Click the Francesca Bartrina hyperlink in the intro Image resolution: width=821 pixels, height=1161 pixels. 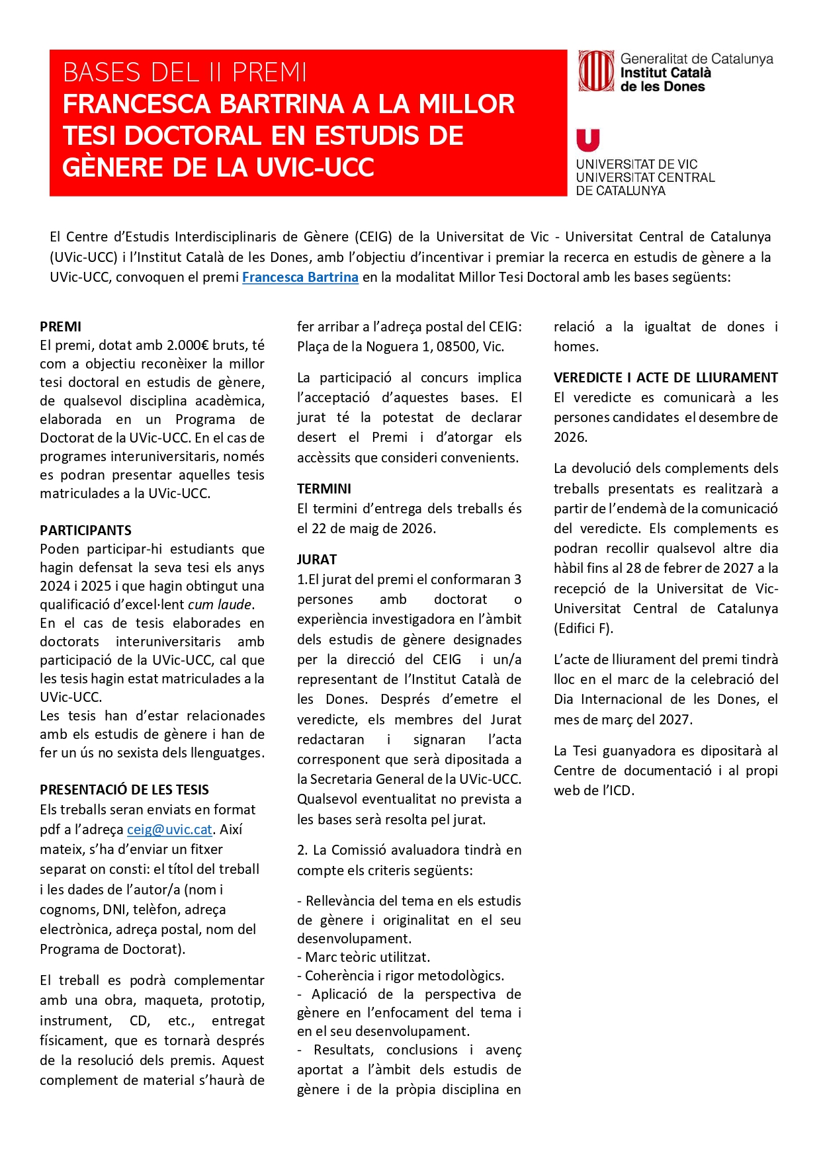click(x=300, y=277)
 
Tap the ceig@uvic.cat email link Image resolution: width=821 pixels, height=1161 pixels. click(x=169, y=830)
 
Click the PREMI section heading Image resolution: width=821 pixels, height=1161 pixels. click(x=60, y=327)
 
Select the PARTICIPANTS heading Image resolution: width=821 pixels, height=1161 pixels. click(x=85, y=531)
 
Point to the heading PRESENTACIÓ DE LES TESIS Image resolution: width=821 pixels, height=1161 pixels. click(x=124, y=790)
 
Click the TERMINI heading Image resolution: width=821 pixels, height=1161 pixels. click(x=324, y=489)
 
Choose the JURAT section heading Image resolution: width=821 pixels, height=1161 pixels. click(x=317, y=560)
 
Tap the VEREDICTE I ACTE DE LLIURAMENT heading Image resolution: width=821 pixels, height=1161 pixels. click(x=666, y=378)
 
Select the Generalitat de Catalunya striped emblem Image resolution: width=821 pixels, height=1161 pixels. click(x=597, y=71)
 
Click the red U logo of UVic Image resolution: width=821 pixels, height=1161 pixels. click(x=588, y=140)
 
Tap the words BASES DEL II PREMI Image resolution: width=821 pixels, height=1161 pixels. click(x=185, y=72)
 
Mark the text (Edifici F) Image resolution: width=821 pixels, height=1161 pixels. click(x=583, y=628)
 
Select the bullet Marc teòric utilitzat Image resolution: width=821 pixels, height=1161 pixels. click(x=367, y=957)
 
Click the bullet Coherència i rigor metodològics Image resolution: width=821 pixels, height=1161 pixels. click(x=404, y=976)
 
